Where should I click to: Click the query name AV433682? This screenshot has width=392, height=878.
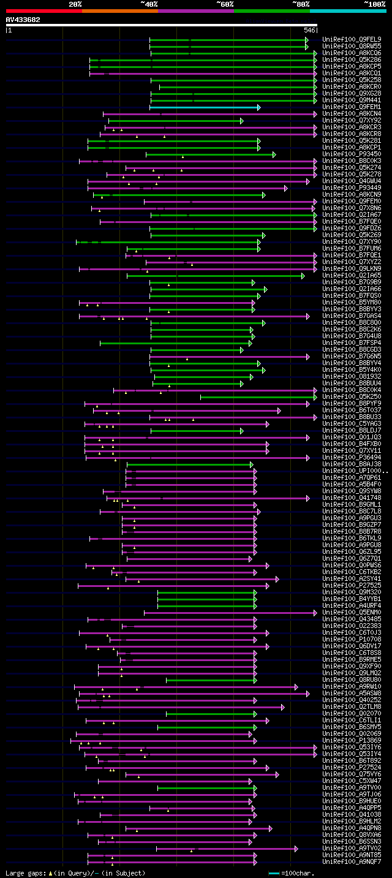point(23,20)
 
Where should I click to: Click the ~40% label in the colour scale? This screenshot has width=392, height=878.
point(149,4)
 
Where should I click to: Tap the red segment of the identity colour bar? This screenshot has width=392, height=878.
point(43,10)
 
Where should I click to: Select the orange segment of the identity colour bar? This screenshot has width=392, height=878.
point(119,10)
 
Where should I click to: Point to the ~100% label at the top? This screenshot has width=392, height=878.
point(374,4)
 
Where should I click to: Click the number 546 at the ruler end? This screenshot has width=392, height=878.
point(309,29)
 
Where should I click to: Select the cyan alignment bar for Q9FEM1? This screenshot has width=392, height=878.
point(203,107)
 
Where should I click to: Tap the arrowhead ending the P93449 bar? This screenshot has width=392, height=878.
point(286,188)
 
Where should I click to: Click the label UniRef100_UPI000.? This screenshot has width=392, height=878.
point(352,471)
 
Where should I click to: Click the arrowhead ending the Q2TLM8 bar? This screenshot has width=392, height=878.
point(282,707)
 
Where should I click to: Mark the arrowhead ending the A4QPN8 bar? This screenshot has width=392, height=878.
point(270,828)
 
